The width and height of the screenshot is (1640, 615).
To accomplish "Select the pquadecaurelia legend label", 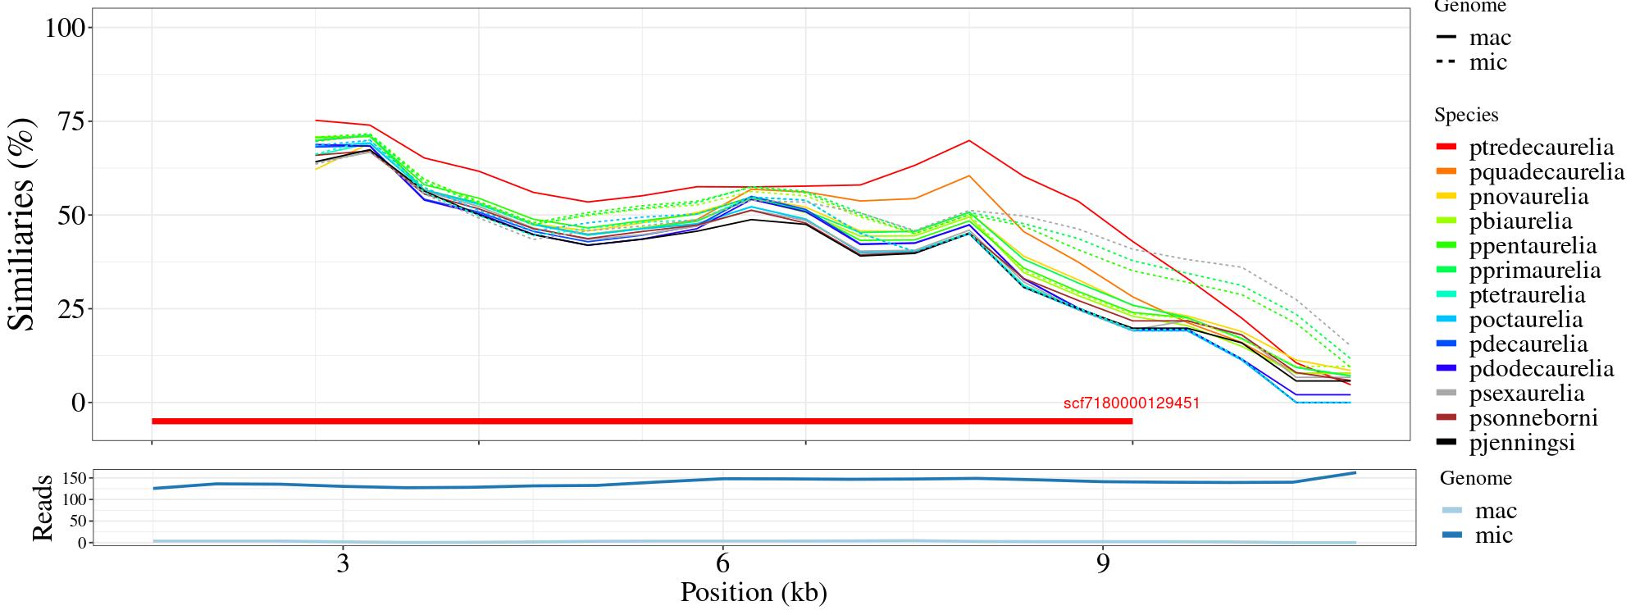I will click(1547, 172).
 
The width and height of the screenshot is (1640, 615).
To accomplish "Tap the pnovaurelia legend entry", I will click(1528, 197).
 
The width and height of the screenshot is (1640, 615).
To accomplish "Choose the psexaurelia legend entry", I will click(1527, 394).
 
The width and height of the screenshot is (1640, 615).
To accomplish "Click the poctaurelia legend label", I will click(1525, 320).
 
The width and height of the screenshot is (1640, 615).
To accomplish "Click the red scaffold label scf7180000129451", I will click(1132, 403).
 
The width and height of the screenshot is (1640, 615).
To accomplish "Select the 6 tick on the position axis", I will click(722, 564).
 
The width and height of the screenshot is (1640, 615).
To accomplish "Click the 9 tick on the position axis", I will click(1103, 564).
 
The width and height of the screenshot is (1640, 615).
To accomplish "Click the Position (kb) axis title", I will click(754, 592).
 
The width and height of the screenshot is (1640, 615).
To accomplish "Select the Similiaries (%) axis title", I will click(22, 224).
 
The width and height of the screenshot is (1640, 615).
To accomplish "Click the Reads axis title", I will click(43, 508).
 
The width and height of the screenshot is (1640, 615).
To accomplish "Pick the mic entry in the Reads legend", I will click(1493, 535).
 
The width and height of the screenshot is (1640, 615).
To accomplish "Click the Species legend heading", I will click(1466, 116).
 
